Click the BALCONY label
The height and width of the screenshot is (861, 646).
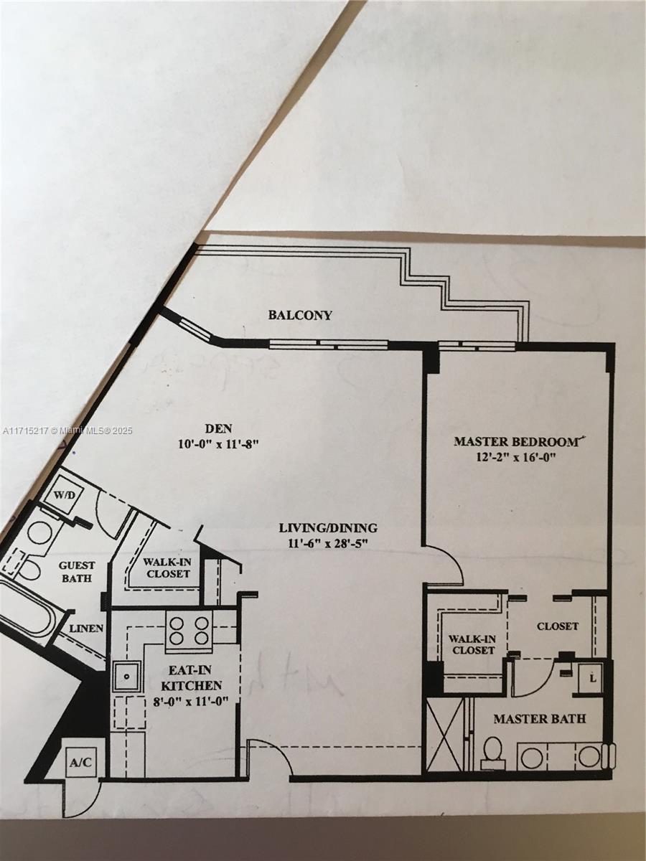coord(300,314)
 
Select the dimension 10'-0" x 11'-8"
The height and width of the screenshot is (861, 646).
coord(217,444)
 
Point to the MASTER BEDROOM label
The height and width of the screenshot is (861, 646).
coord(515,441)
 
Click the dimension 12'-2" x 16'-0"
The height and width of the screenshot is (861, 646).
coord(515,457)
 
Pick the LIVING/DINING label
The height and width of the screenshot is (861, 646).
coord(328,528)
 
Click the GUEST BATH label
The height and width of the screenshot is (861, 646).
coord(76,572)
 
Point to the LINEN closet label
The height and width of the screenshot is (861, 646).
coord(87,629)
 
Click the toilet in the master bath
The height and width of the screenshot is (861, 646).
coord(492,753)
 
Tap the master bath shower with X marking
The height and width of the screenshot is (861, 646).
coord(444,735)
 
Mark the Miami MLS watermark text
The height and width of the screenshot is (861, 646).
coord(67,430)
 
